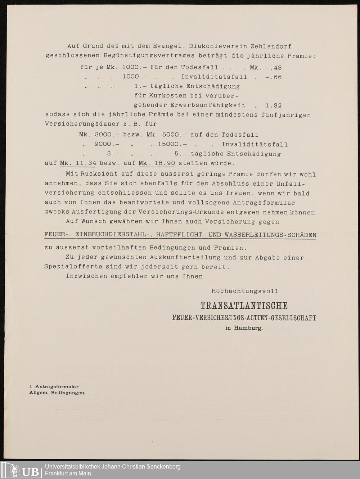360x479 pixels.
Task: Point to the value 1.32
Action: [x=273, y=105]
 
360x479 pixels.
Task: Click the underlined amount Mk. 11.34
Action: [x=78, y=163]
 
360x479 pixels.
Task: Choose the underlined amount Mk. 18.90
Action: [x=157, y=163]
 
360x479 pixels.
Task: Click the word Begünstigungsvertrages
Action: [x=149, y=56]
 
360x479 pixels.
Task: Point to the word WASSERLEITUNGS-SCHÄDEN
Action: [x=270, y=235]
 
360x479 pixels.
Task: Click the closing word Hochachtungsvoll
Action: [x=245, y=291]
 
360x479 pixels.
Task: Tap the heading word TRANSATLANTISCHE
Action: [x=244, y=306]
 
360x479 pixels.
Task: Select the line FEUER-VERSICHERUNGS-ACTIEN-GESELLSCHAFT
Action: [x=244, y=318]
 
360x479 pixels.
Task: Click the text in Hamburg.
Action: [x=244, y=328]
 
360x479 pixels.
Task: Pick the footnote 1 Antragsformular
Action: [x=54, y=387]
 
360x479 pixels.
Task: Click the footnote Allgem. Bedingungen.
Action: [x=57, y=393]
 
